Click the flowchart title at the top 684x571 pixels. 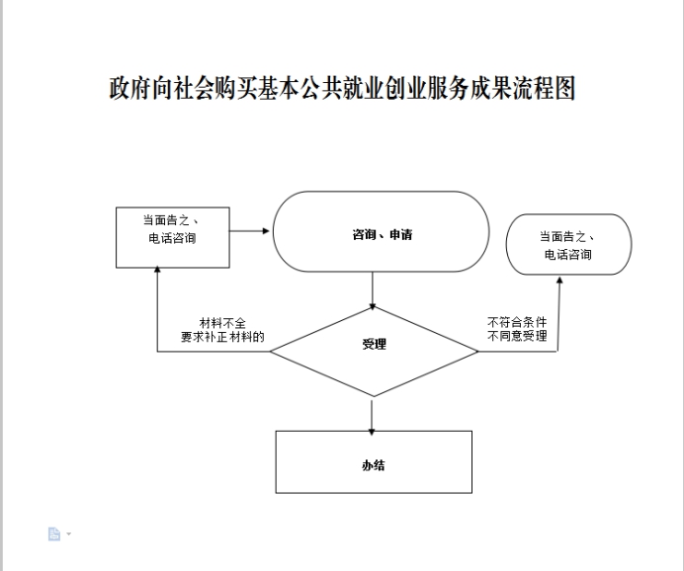[x=342, y=89]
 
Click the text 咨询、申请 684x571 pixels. [x=382, y=235]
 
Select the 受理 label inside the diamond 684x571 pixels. [x=373, y=345]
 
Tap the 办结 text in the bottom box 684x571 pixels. [x=373, y=464]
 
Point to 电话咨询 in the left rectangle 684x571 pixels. [x=172, y=238]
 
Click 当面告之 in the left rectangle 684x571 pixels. [x=172, y=219]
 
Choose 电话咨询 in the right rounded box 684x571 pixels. [x=567, y=255]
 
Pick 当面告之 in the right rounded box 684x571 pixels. [x=567, y=237]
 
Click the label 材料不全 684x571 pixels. [x=222, y=323]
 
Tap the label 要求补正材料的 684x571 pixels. [x=222, y=337]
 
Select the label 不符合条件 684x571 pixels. [x=517, y=323]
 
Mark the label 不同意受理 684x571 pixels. [x=517, y=337]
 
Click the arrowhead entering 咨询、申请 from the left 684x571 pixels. [x=267, y=231]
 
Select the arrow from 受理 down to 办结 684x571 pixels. [x=373, y=415]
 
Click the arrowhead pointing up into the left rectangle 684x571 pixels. [x=158, y=274]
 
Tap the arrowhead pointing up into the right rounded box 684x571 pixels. [x=558, y=282]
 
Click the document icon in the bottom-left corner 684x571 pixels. [x=54, y=534]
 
